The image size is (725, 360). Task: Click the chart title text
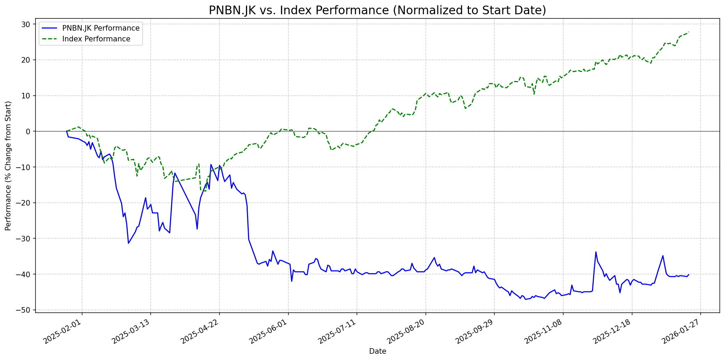click(377, 10)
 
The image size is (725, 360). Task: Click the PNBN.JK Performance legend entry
click(101, 28)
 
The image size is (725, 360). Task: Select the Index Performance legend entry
click(96, 39)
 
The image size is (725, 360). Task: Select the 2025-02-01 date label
click(63, 331)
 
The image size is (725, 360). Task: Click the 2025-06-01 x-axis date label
click(269, 331)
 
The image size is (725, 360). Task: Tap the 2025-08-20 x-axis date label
click(406, 331)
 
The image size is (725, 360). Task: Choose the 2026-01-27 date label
click(681, 331)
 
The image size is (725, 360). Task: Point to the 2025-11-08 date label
click(544, 331)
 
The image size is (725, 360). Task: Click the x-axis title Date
click(377, 351)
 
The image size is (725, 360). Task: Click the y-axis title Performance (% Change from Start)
click(8, 166)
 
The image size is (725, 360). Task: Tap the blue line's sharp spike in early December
click(596, 252)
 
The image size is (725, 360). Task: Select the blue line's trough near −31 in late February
click(128, 243)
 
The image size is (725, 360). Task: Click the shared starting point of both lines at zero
click(66, 131)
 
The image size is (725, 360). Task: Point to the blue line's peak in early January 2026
click(663, 256)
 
